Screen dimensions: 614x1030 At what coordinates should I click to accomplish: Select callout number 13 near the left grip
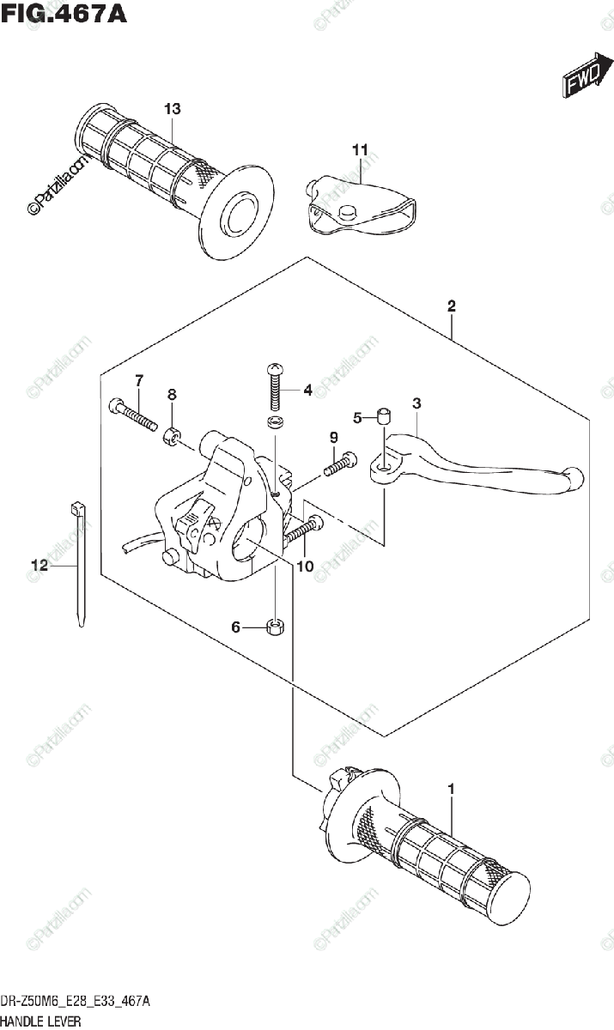173,109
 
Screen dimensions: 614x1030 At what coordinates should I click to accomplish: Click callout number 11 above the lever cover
360,150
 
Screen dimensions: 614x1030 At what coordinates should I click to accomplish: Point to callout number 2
451,306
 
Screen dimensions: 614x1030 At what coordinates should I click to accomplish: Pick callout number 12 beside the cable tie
39,565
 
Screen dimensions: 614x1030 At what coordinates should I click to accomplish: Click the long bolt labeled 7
132,414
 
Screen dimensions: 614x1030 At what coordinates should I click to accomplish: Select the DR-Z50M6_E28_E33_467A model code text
77,1002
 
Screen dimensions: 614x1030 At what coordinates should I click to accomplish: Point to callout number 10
305,566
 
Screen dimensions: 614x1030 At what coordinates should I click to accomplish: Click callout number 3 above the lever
416,403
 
